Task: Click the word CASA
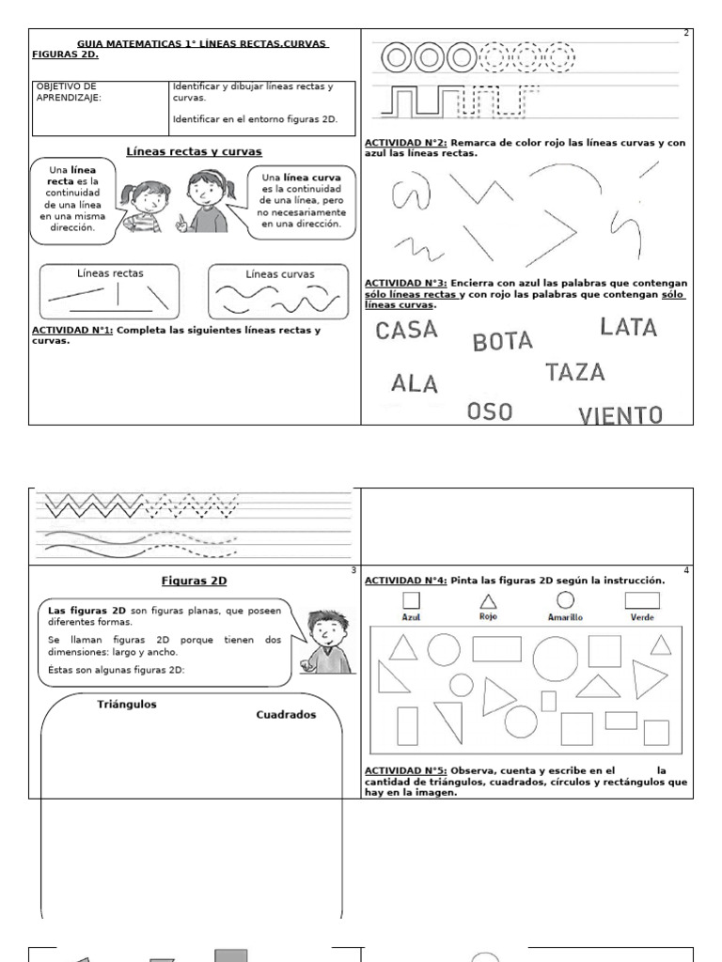(x=406, y=330)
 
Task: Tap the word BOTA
(x=502, y=342)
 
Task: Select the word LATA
(x=628, y=328)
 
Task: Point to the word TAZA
(x=574, y=372)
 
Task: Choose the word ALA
(x=415, y=383)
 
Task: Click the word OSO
(x=490, y=411)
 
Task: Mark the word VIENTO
(x=620, y=415)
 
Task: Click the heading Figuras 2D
(x=194, y=581)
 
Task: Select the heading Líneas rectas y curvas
(x=194, y=151)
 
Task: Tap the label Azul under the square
(x=411, y=617)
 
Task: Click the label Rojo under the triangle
(x=488, y=617)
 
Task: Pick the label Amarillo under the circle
(x=565, y=617)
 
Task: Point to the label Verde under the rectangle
(x=642, y=617)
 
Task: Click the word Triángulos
(x=127, y=704)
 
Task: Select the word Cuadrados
(x=286, y=714)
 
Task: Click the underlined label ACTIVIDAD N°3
(x=406, y=283)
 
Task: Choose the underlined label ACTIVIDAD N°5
(x=406, y=770)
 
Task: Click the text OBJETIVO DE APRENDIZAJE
(x=66, y=91)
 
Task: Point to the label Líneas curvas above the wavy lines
(x=280, y=274)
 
